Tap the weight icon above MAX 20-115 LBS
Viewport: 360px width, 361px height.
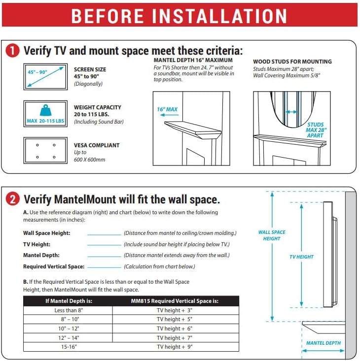pos(45,110)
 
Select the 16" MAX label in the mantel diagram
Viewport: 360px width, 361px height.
pos(167,109)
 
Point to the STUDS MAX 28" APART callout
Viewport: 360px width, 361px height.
pos(316,130)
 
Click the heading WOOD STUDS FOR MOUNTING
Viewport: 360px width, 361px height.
pos(292,62)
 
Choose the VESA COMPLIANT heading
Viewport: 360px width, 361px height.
pos(97,145)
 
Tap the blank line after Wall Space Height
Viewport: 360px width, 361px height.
pos(104,233)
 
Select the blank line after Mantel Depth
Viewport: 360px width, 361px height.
pos(104,256)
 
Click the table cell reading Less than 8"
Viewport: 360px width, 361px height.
pos(68,310)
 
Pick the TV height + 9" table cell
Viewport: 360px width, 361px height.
pos(175,347)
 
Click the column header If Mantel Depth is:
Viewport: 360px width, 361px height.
pos(68,301)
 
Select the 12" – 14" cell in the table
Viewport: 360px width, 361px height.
pos(68,338)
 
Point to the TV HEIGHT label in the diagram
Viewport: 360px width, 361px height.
pos(301,257)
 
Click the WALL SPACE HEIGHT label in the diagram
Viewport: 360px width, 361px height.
pos(272,235)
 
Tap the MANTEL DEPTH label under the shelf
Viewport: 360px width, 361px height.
pos(324,343)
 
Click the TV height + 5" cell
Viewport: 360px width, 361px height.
pos(175,320)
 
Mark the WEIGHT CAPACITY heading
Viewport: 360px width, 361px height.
pos(98,107)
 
